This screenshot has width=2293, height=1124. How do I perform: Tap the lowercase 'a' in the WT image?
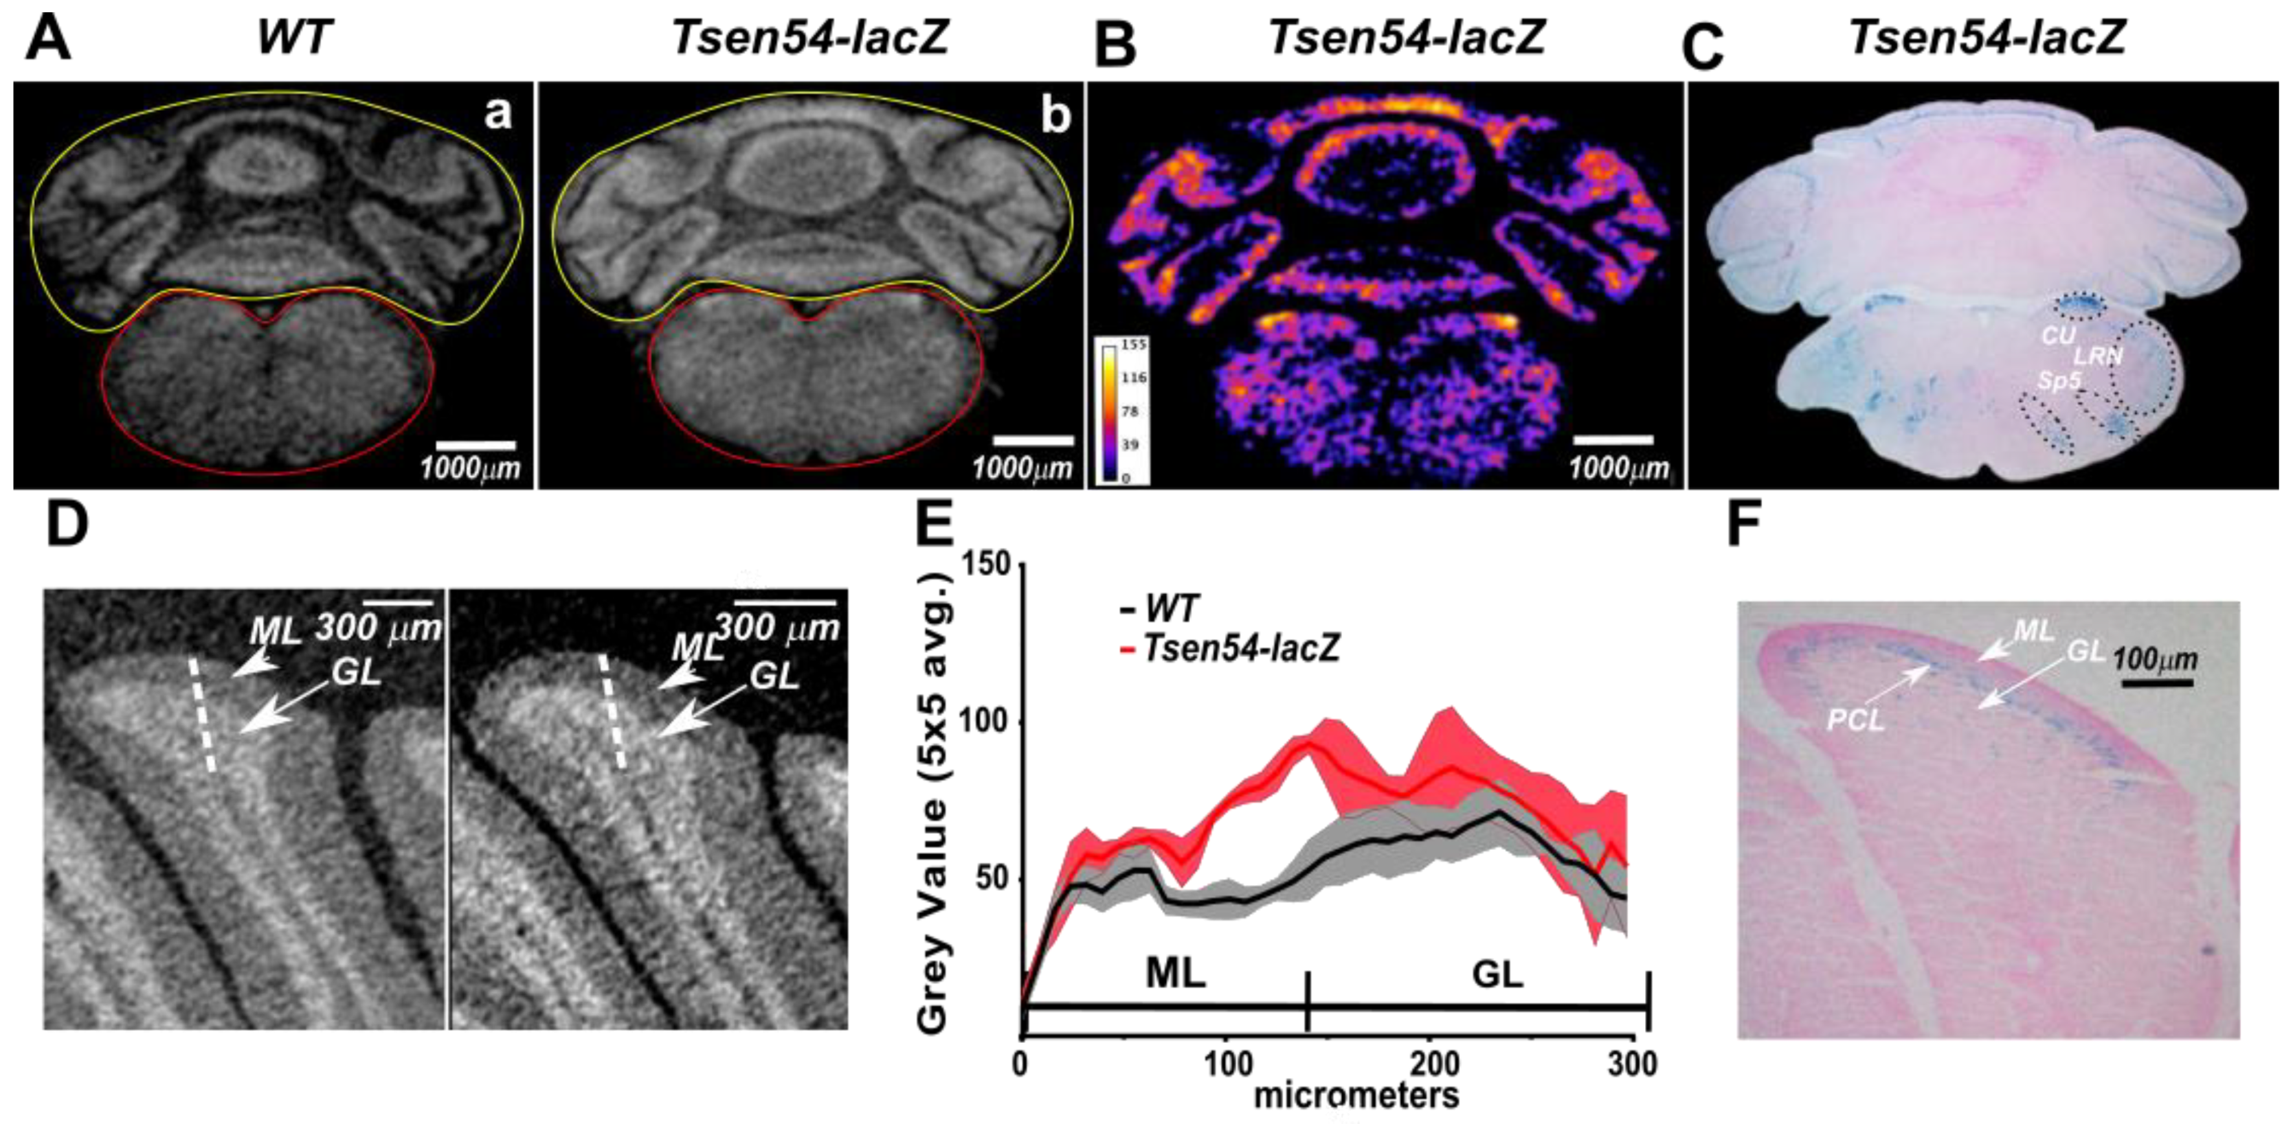(498, 113)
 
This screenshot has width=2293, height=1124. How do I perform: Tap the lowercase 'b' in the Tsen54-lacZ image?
(1057, 117)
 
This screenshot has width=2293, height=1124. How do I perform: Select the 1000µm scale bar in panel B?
(1613, 439)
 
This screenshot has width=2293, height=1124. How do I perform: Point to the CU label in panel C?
(2058, 338)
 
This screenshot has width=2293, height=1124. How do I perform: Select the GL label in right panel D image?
(773, 677)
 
